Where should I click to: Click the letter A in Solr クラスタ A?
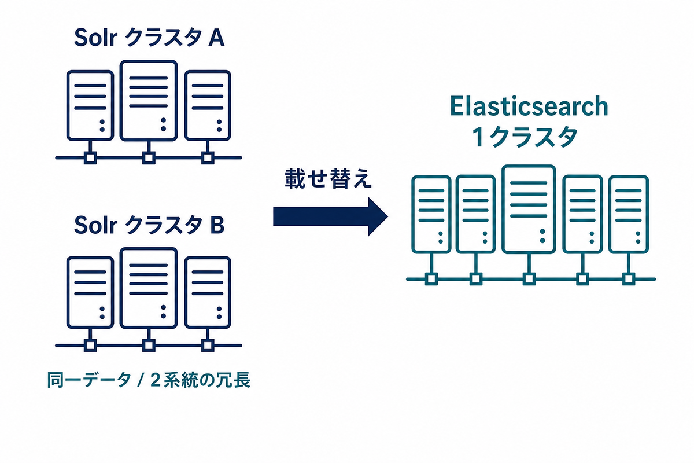click(216, 38)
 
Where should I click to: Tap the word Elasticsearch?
click(529, 106)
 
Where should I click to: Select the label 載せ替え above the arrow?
click(328, 179)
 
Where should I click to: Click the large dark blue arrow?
click(330, 217)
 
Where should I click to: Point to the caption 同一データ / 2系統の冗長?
click(149, 380)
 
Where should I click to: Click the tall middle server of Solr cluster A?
click(149, 101)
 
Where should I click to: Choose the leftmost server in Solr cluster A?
click(90, 105)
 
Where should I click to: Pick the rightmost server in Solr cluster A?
click(208, 105)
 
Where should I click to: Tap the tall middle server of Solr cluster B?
click(149, 288)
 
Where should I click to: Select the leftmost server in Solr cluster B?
click(90, 292)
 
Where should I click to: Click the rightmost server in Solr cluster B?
click(208, 292)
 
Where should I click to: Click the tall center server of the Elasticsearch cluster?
click(529, 210)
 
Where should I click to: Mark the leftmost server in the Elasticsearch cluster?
click(431, 214)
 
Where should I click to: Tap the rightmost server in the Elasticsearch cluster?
click(629, 214)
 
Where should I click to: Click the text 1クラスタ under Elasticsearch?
click(525, 137)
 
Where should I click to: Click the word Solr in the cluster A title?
click(95, 38)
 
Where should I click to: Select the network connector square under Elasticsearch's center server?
click(529, 279)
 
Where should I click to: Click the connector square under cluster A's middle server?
click(149, 158)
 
